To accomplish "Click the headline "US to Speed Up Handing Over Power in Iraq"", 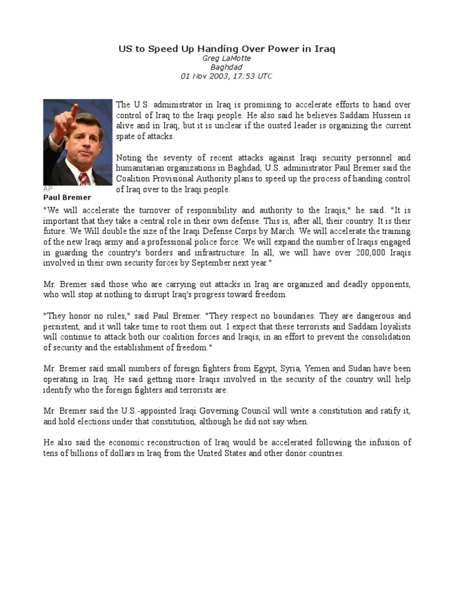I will [x=226, y=49].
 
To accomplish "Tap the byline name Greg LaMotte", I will [x=226, y=58].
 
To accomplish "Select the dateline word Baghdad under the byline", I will [x=226, y=67].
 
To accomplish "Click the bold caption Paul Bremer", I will [x=67, y=197].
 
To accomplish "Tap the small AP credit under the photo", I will [x=48, y=188].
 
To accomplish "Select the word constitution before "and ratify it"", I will [x=333, y=411].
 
